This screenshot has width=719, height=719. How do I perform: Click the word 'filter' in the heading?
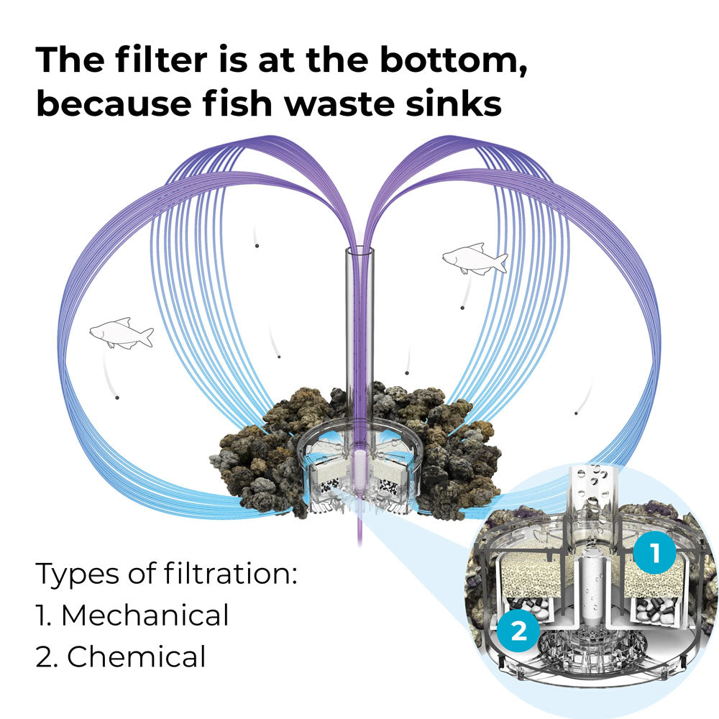coord(161,60)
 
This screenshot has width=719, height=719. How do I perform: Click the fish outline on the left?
coord(122,333)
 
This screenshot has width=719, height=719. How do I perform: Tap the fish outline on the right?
coord(475,259)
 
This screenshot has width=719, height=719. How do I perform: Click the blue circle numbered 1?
coord(654,552)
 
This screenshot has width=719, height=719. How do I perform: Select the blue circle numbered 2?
coord(518,631)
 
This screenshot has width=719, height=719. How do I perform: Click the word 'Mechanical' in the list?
coord(145,615)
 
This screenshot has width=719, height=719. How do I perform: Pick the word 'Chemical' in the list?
coord(137,656)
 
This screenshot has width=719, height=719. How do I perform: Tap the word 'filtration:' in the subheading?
coord(231,573)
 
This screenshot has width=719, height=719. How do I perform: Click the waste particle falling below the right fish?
coord(462,308)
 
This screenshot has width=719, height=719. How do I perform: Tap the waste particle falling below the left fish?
coord(117,398)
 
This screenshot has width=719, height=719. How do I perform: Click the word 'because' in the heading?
coord(114,103)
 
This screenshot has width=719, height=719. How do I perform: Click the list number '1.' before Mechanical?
coord(44,615)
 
